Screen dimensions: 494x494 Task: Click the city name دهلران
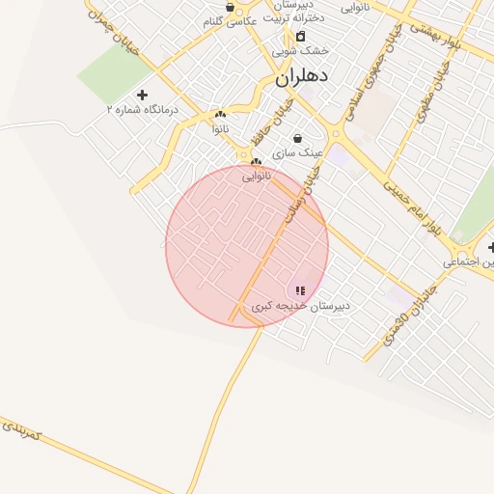(302, 77)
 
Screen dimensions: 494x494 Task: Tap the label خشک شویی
(299, 50)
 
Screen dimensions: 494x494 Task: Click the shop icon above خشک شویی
(300, 36)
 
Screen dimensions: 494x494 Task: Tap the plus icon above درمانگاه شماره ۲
(143, 95)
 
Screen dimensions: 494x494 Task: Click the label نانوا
(221, 127)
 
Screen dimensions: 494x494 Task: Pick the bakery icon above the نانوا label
(221, 114)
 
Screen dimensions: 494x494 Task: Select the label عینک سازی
(297, 152)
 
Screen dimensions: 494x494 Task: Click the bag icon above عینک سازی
(296, 138)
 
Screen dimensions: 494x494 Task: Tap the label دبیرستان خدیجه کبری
(300, 305)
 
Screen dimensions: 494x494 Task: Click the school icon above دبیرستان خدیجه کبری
(300, 289)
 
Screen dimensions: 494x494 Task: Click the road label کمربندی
(20, 430)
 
